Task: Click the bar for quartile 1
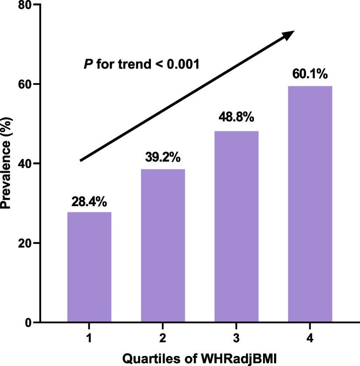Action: coord(89,267)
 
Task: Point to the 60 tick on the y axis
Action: coord(23,85)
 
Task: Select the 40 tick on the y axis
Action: coord(23,164)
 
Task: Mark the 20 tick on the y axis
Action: coord(23,243)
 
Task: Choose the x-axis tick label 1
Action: coord(89,339)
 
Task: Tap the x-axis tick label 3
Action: coord(236,339)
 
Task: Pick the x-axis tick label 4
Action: coord(310,339)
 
